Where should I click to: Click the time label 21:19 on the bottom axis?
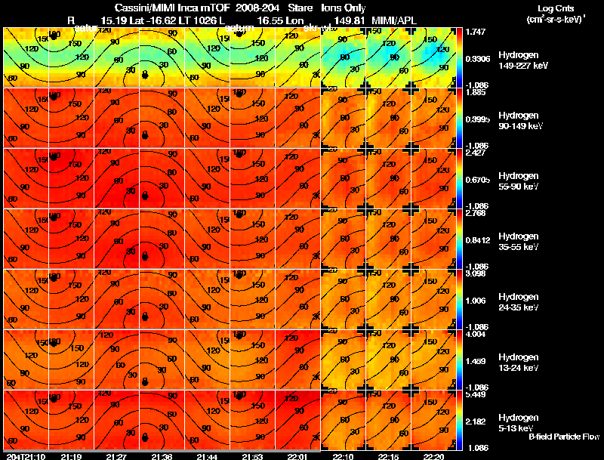[71, 456]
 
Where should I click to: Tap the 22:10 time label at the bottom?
[344, 456]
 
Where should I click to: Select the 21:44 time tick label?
[207, 456]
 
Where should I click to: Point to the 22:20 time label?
[434, 456]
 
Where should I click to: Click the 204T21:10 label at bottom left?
[24, 456]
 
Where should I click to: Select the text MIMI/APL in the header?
[390, 20]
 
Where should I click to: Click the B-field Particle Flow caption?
[563, 437]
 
